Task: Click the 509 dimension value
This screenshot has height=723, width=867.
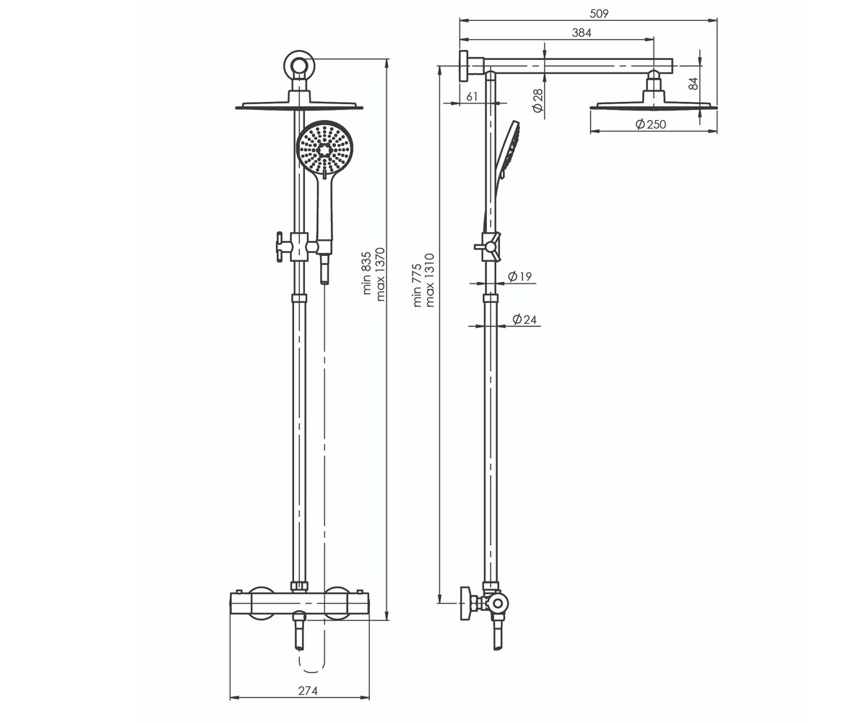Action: (x=599, y=14)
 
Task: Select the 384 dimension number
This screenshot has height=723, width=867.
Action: (x=582, y=33)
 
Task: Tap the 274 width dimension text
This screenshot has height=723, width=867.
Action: (x=308, y=691)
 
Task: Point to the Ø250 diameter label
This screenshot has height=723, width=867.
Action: (x=651, y=124)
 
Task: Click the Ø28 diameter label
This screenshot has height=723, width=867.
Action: (x=538, y=100)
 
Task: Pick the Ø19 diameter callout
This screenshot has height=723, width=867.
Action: (x=519, y=276)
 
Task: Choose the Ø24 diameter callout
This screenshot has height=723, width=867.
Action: (x=525, y=320)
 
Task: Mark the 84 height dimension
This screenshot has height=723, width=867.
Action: (x=694, y=84)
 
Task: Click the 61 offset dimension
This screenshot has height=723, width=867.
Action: (x=472, y=97)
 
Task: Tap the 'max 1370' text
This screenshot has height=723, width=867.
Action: (x=380, y=274)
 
